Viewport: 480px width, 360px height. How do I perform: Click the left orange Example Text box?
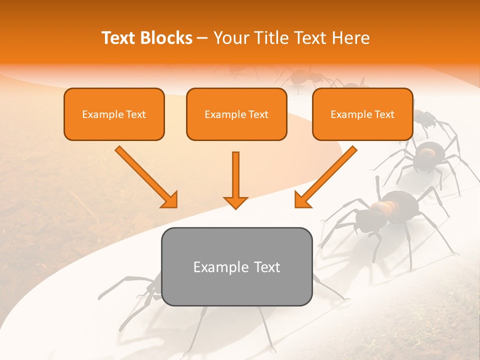point(114,114)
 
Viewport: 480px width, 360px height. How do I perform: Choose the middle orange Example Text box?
point(236,114)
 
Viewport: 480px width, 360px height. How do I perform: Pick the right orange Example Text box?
point(362,114)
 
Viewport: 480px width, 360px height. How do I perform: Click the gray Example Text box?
point(236,266)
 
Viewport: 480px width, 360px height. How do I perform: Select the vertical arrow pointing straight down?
point(235,180)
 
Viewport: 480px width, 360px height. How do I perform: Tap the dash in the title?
point(202,38)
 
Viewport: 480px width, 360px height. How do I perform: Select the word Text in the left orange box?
point(136,114)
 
